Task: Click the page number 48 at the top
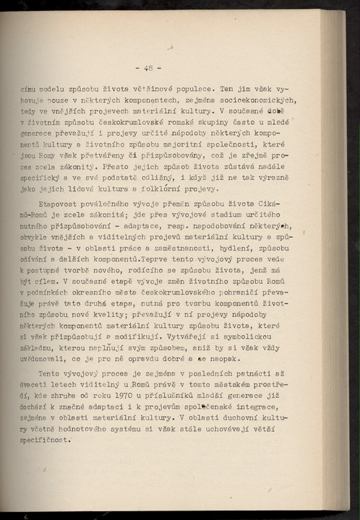[x=148, y=69]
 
